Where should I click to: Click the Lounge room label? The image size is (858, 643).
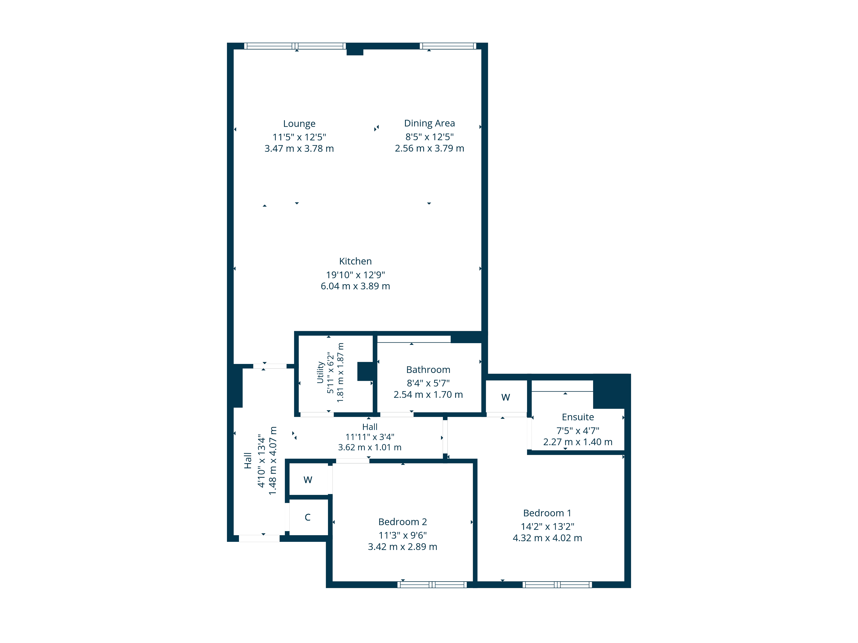click(x=299, y=124)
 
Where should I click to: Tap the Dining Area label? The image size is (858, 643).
click(x=429, y=123)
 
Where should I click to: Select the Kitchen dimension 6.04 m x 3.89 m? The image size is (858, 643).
click(x=355, y=286)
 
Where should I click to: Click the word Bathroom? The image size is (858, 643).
click(x=428, y=370)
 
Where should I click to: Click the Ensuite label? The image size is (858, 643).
click(x=578, y=417)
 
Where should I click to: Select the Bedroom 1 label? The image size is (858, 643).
click(x=547, y=513)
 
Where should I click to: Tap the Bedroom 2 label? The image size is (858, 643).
click(x=403, y=522)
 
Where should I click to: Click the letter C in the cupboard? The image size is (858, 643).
click(x=308, y=517)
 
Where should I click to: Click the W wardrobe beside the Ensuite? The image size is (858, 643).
click(x=505, y=397)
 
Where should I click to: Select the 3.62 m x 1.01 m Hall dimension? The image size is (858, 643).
click(x=370, y=447)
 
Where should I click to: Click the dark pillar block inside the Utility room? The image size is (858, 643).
click(x=365, y=371)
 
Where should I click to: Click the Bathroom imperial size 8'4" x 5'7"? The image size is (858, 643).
click(x=428, y=383)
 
